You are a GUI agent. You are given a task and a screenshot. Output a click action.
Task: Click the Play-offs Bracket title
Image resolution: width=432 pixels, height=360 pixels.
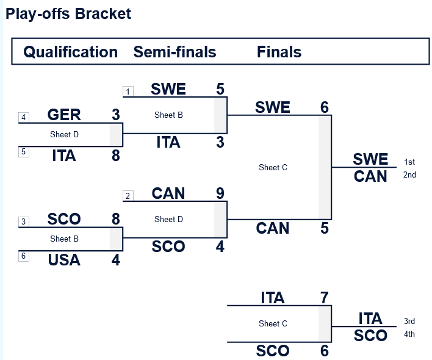tap(68, 13)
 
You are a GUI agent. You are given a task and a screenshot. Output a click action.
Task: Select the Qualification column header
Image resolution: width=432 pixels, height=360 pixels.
tap(70, 52)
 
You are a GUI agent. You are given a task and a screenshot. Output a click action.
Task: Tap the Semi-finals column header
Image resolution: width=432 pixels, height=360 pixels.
tap(175, 52)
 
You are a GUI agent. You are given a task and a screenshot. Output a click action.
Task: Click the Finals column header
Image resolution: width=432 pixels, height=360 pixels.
tap(279, 52)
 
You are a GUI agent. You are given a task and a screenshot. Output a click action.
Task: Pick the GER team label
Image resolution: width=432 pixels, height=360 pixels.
tap(64, 115)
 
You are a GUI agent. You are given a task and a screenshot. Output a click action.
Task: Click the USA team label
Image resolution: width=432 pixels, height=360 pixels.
tap(64, 260)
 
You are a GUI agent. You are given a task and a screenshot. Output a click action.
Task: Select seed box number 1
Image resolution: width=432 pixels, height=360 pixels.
tap(128, 92)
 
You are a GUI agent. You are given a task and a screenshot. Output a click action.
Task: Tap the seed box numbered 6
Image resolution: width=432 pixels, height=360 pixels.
tap(24, 256)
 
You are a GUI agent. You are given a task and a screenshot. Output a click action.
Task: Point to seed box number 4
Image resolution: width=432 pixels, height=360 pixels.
tap(24, 117)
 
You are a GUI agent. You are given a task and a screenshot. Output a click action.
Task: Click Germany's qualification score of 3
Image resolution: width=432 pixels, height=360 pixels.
tap(116, 115)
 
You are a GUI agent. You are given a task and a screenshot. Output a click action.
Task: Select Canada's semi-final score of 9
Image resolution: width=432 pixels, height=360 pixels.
tap(220, 193)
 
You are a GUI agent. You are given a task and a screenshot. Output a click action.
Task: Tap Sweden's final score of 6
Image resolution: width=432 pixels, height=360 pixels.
tap(324, 107)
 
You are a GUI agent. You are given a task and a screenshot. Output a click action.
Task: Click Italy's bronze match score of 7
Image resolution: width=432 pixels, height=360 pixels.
tap(324, 298)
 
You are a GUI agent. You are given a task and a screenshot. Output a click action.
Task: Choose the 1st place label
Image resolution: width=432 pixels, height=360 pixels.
tap(409, 162)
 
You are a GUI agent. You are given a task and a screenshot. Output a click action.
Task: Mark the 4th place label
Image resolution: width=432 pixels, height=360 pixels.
tap(409, 334)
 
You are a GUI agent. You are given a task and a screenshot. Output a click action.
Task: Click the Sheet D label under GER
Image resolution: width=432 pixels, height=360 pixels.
tap(64, 134)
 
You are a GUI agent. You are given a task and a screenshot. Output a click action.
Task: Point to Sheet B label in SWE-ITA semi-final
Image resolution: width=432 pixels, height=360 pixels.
tap(168, 115)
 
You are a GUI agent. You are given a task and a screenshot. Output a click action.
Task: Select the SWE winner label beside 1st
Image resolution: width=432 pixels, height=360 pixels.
tap(370, 159)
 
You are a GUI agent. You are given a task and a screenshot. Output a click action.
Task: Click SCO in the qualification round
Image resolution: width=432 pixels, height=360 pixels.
tap(64, 219)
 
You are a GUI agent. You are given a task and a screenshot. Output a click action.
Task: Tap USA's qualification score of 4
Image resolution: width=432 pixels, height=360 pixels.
tap(116, 260)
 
